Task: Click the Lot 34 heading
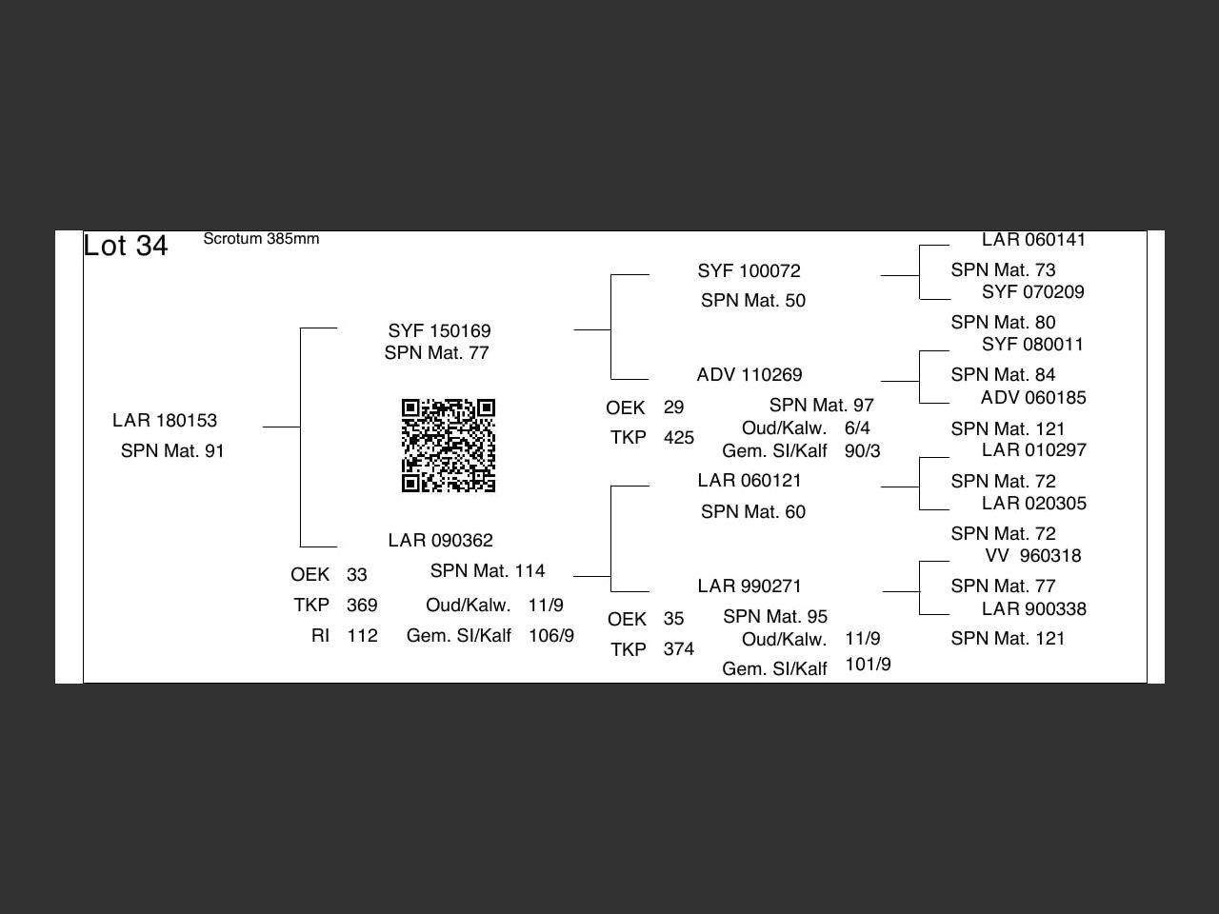[126, 246]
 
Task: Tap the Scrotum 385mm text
[261, 239]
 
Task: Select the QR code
[449, 445]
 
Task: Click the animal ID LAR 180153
[165, 420]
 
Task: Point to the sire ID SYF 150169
[439, 330]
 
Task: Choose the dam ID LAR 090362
[440, 540]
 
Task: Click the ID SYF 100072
[749, 270]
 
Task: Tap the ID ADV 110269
[749, 374]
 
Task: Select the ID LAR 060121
[749, 480]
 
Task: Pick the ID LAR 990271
[749, 586]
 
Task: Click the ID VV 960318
[1033, 555]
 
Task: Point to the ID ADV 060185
[1033, 397]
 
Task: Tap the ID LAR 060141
[1033, 240]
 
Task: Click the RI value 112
[362, 635]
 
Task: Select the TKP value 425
[679, 437]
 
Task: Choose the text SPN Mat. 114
[488, 570]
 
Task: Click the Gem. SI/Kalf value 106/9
[551, 635]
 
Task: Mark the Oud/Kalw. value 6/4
[857, 427]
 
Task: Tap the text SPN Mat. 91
[172, 450]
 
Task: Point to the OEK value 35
[673, 618]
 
